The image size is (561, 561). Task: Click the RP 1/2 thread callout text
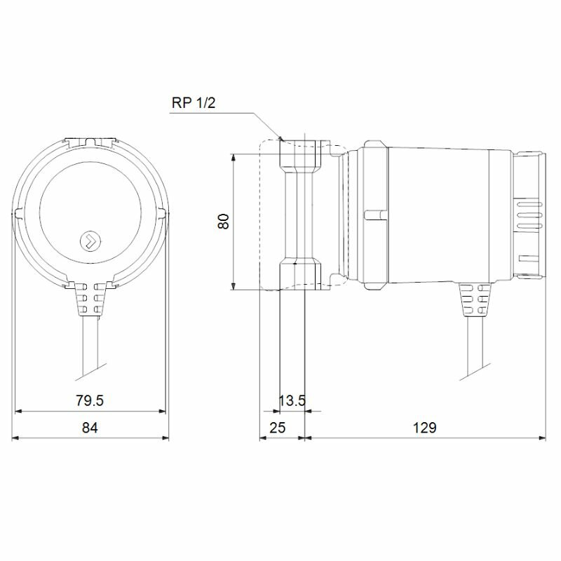pyautogui.click(x=194, y=103)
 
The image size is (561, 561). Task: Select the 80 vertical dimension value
pyautogui.click(x=224, y=222)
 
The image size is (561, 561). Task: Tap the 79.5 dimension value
pyautogui.click(x=90, y=400)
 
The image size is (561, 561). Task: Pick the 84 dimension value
pyautogui.click(x=90, y=428)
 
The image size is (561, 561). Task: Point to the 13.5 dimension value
pyautogui.click(x=292, y=400)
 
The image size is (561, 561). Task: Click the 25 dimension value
pyautogui.click(x=277, y=428)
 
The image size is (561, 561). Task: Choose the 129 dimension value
pyautogui.click(x=425, y=428)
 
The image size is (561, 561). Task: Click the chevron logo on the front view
pyautogui.click(x=90, y=240)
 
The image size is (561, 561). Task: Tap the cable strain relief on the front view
pyautogui.click(x=90, y=299)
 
